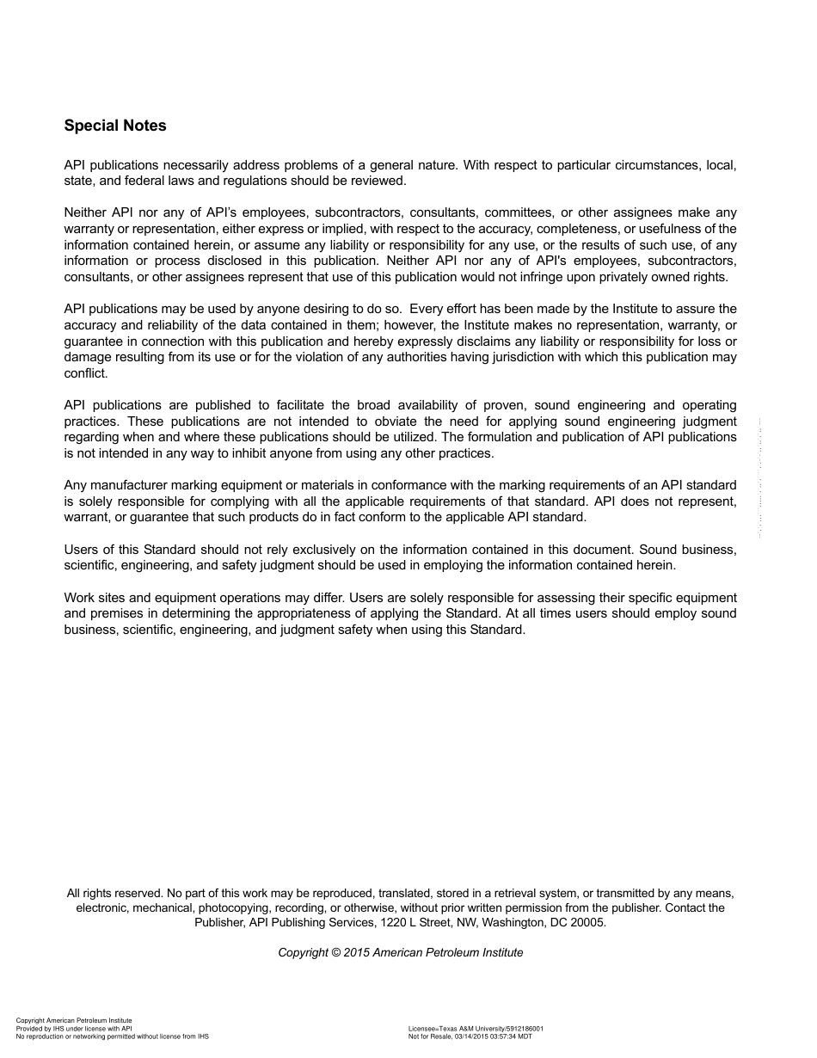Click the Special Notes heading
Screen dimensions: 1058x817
[115, 126]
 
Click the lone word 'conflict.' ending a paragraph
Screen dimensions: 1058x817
[86, 373]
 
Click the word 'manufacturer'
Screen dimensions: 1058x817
[132, 485]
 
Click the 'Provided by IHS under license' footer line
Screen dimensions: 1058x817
[74, 1028]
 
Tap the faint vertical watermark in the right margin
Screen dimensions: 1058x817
[760, 477]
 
